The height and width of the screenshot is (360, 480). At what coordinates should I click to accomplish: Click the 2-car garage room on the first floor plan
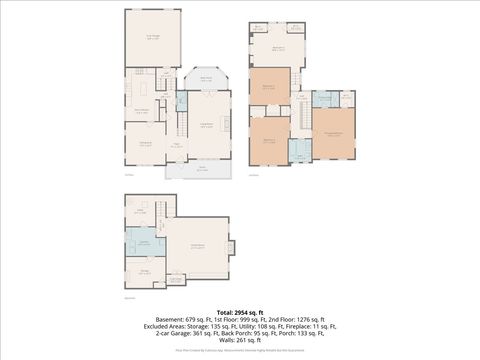coord(153,38)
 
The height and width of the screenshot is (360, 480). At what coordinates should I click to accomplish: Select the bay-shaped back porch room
coord(205,80)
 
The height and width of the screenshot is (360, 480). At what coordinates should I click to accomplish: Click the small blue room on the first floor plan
coord(181,101)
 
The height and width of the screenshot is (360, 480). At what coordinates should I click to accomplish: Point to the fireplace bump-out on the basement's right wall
coord(231,247)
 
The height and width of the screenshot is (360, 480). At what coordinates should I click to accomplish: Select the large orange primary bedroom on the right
coord(333,133)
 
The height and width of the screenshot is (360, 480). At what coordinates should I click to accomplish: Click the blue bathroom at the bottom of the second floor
coord(300,151)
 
